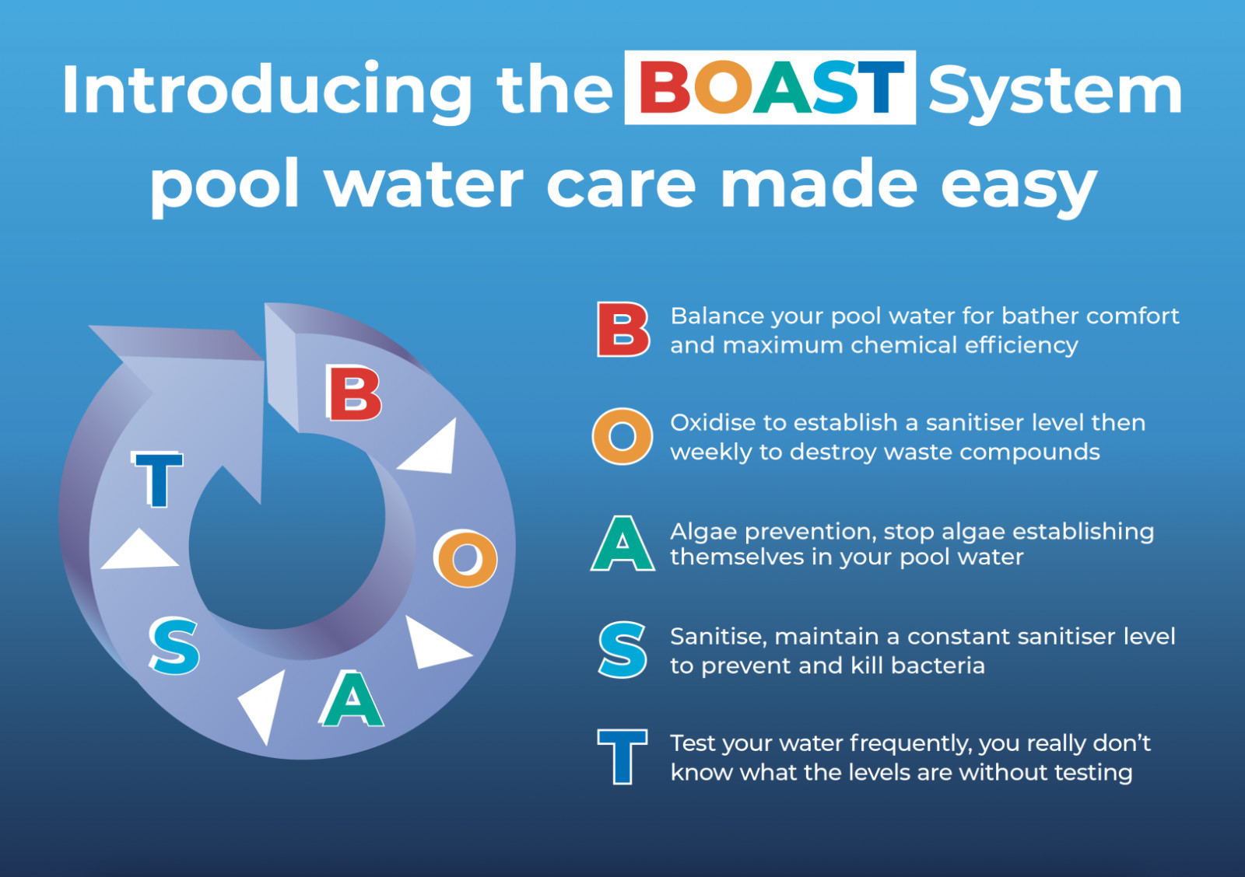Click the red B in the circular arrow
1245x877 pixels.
353,393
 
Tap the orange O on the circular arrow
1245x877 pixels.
466,559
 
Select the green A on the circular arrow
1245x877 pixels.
351,699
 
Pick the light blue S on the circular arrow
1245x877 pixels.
174,646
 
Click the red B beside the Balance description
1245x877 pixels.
622,330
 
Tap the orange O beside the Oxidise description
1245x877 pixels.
622,436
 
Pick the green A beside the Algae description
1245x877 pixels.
622,543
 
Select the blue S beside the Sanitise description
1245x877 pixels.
622,651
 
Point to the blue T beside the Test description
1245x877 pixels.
622,757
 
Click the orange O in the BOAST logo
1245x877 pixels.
722,86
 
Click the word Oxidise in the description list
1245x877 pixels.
713,423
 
